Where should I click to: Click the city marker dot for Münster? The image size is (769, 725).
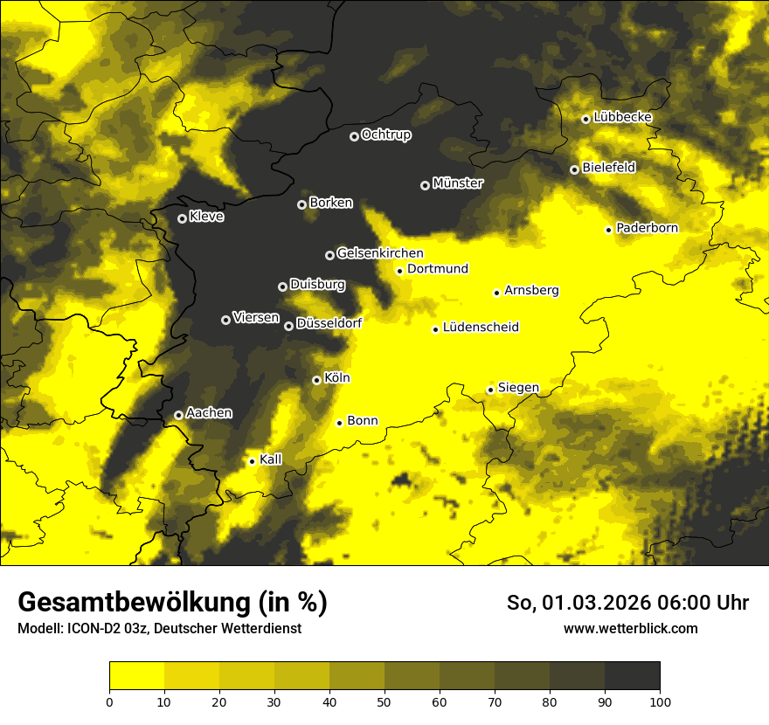[x=425, y=185]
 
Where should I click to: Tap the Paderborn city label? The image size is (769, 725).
[x=647, y=228]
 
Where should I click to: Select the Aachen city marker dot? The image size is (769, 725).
[x=178, y=415]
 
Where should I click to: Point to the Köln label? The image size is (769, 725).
[x=336, y=378]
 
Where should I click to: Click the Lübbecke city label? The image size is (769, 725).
[x=622, y=117]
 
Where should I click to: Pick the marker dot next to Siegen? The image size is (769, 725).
[x=490, y=390]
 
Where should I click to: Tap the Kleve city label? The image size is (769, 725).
[x=206, y=217]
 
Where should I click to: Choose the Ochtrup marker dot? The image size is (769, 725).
[x=354, y=136]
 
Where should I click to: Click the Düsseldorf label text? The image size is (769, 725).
[x=329, y=323]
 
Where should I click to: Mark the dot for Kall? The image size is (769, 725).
[x=252, y=461]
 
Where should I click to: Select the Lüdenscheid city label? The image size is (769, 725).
[x=481, y=328]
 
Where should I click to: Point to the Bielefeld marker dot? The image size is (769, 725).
[x=574, y=169]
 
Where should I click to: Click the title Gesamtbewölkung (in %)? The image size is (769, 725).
[x=172, y=603]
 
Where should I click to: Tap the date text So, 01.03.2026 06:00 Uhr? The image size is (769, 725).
[x=627, y=603]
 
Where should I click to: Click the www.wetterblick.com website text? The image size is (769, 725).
[x=630, y=628]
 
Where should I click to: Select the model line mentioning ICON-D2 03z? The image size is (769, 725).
[x=159, y=628]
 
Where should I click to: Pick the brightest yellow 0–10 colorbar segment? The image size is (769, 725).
[x=136, y=675]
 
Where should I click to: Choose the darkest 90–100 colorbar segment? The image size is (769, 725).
[x=632, y=675]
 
